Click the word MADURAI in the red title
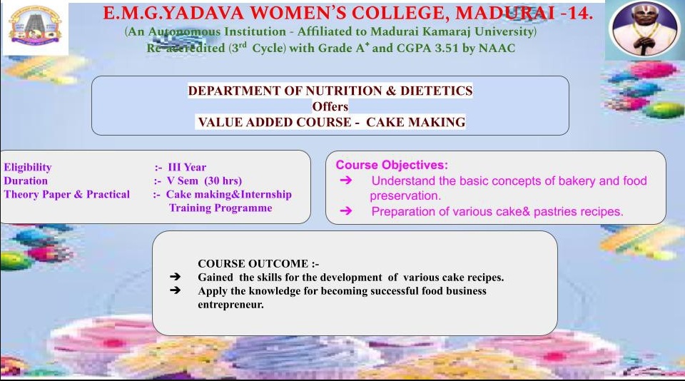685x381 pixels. click(505, 13)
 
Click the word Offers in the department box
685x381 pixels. click(330, 106)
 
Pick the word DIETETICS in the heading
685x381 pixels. click(437, 91)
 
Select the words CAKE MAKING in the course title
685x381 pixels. click(416, 122)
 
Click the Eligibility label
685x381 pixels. click(28, 168)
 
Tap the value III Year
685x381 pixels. click(187, 168)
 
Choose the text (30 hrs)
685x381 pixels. click(223, 181)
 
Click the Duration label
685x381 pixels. click(26, 181)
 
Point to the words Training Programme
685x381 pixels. click(220, 208)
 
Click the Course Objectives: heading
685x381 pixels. click(392, 165)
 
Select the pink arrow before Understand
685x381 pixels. click(346, 180)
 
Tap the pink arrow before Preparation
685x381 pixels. click(346, 211)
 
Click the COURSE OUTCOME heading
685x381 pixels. click(258, 264)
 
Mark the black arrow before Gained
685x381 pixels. click(176, 277)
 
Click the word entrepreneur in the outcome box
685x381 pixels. click(230, 305)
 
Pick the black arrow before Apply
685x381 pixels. click(176, 290)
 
